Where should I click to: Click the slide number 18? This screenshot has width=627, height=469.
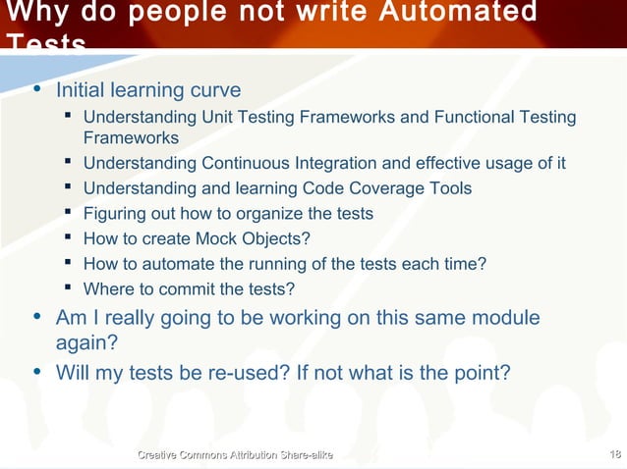(x=614, y=452)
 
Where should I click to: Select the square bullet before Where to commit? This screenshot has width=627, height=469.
(x=67, y=288)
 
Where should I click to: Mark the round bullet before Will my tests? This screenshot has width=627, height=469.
(x=37, y=372)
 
